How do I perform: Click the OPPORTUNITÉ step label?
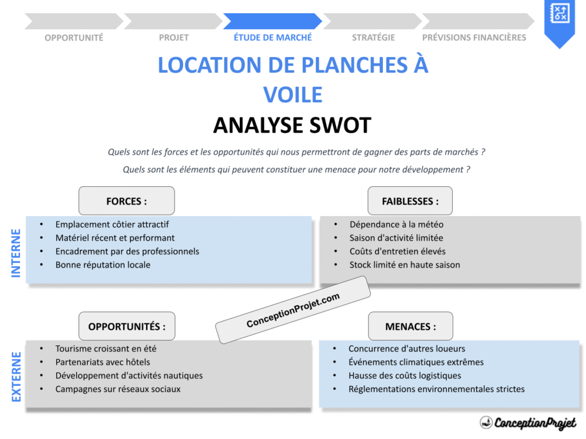(74, 38)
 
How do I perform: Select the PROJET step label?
(173, 38)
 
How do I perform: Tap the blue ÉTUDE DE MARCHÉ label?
(273, 38)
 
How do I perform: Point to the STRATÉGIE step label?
(373, 38)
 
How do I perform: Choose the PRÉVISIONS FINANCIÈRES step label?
(474, 38)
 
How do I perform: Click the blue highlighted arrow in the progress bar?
(272, 21)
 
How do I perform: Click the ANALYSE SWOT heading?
(292, 125)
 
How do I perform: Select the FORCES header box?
(126, 201)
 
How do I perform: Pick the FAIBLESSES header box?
(410, 201)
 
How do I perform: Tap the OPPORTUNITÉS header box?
(126, 326)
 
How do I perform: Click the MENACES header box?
(410, 326)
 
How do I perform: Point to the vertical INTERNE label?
(16, 253)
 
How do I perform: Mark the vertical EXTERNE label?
(16, 377)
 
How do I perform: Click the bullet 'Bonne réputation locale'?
(103, 265)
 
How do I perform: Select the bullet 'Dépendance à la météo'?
(397, 225)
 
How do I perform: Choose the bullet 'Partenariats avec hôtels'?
(103, 362)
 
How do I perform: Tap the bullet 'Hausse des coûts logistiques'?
(405, 376)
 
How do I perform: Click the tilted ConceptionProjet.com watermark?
(293, 310)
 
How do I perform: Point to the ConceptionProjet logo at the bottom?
(528, 423)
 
